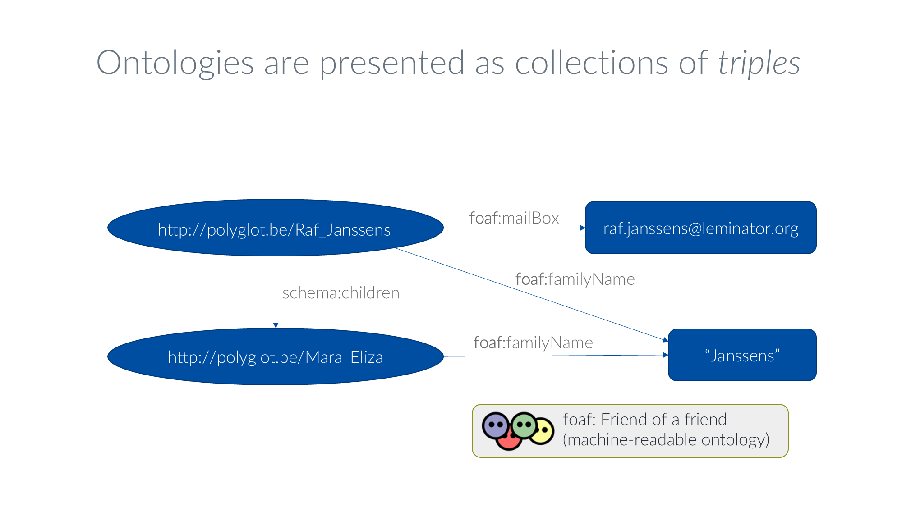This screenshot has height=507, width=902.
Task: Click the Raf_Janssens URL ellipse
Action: click(x=275, y=228)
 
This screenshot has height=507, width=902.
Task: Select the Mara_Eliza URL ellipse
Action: click(x=275, y=356)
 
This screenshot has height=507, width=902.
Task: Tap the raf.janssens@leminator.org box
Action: click(x=700, y=228)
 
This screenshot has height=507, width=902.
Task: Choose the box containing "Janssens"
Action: click(x=742, y=355)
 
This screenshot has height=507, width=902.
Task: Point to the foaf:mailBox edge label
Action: click(x=514, y=218)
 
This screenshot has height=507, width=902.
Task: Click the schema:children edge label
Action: click(x=341, y=293)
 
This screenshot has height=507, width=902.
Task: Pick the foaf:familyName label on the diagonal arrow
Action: click(x=575, y=279)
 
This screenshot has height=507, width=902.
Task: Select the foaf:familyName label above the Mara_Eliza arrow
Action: click(x=533, y=343)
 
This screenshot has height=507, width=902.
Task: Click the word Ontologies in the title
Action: click(x=175, y=63)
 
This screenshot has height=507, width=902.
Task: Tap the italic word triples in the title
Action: click(x=759, y=63)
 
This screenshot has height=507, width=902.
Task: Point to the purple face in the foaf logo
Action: click(x=495, y=425)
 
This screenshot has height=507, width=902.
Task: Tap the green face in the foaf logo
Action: click(x=524, y=425)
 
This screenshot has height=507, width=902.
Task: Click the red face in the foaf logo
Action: click(x=508, y=442)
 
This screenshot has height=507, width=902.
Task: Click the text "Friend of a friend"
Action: click(x=663, y=420)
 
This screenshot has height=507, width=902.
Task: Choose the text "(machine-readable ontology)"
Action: click(x=666, y=439)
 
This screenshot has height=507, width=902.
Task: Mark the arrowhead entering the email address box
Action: click(x=582, y=228)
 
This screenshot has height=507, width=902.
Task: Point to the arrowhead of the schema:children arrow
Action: click(x=276, y=325)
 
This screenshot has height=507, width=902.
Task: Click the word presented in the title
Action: click(x=391, y=63)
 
